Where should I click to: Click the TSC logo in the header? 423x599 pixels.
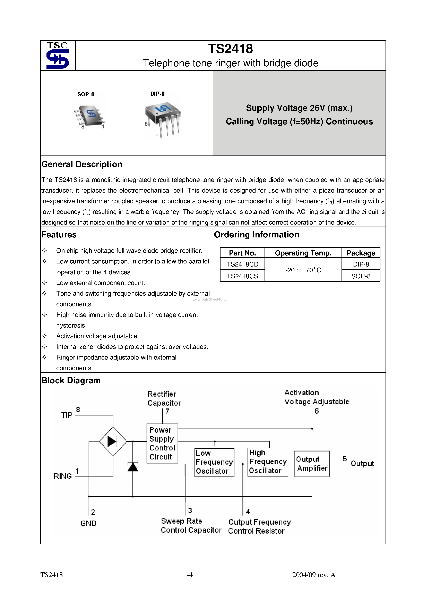(x=58, y=56)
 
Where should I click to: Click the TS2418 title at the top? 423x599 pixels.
(x=231, y=49)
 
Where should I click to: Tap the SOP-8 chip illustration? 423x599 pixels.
(x=89, y=116)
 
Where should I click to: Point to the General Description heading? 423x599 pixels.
(x=82, y=164)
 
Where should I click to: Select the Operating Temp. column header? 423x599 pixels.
(x=303, y=253)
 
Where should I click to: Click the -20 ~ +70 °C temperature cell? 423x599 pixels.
(x=303, y=270)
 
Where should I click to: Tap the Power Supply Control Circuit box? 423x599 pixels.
(x=162, y=443)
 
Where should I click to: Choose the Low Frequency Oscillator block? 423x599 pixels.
(x=214, y=462)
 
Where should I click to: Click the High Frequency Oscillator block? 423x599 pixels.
(x=268, y=462)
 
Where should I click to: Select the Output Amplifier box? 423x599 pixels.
(x=312, y=464)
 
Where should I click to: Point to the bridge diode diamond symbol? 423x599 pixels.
(x=113, y=441)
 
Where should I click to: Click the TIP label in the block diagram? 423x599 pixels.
(x=67, y=415)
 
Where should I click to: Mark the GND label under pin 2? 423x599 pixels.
(x=88, y=523)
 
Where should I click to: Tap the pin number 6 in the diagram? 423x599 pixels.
(x=317, y=411)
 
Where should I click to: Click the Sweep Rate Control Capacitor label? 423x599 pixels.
(x=191, y=526)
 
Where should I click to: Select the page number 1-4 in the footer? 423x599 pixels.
(x=188, y=575)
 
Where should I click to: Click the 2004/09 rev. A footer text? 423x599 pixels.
(x=314, y=575)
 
